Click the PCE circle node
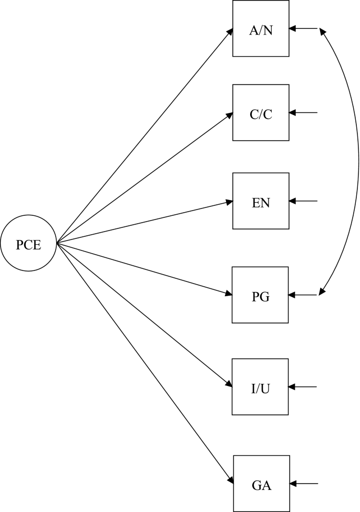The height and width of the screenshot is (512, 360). coord(28,244)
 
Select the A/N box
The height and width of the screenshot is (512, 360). coord(261,28)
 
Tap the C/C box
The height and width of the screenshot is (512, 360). coord(261,112)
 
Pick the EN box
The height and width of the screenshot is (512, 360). coord(261,201)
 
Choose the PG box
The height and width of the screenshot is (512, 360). coord(260,295)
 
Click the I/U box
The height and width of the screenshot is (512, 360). coord(260,387)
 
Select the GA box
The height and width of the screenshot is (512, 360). coord(261,483)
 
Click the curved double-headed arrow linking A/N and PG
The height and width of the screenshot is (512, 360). coord(358,162)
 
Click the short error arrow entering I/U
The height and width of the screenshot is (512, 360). coord(303,387)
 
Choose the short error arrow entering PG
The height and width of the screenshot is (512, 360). coord(303,295)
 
